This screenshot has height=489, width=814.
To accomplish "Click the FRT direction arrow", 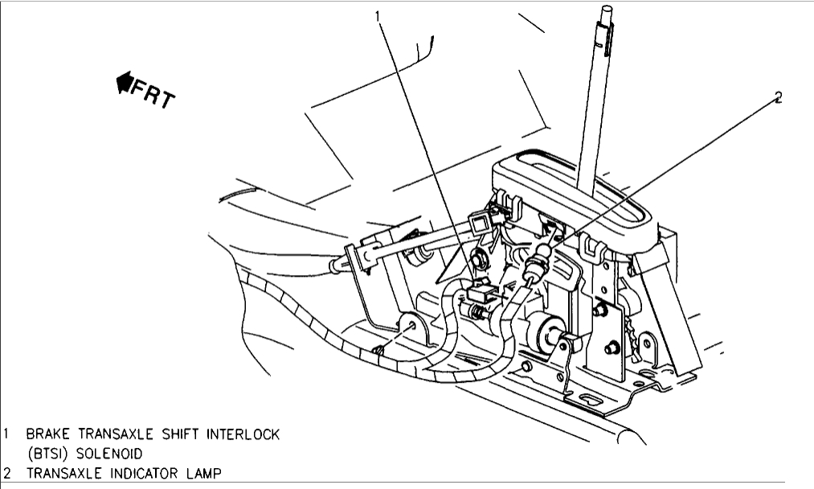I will coord(127,81).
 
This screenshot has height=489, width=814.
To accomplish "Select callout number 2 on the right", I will coord(778,97).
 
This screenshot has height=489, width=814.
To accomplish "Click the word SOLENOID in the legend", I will coord(108,453).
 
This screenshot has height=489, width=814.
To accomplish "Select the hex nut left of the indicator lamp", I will coord(481,258).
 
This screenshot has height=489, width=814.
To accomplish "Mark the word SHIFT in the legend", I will coord(175,434).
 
